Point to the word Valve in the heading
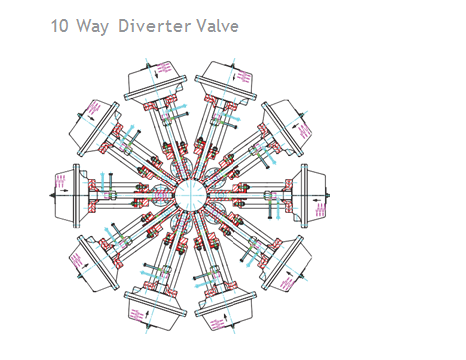(x=218, y=25)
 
